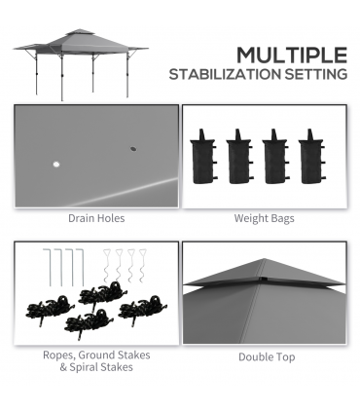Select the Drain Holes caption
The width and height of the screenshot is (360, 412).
96,219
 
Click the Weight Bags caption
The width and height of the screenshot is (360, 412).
264,219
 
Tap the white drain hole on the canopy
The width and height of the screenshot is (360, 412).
54,163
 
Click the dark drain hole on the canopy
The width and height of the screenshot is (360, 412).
130,149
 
